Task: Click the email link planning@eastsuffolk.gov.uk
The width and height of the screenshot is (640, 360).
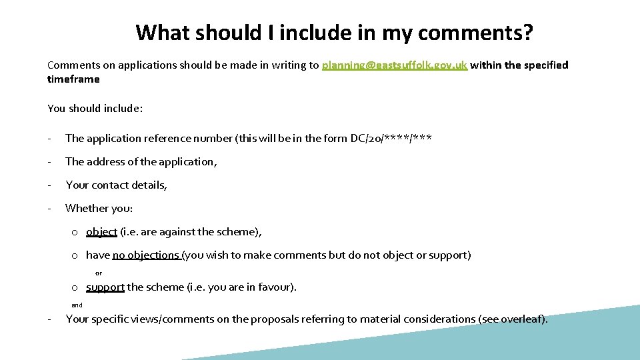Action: (395, 65)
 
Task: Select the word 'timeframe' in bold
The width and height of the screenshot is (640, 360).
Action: (73, 79)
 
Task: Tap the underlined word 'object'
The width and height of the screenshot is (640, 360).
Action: (101, 232)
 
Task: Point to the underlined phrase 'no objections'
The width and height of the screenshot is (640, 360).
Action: (145, 255)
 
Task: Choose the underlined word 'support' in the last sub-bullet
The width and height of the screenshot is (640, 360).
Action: (105, 287)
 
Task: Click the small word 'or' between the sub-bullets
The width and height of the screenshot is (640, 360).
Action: (99, 273)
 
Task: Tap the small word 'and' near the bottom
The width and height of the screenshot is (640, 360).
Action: (77, 305)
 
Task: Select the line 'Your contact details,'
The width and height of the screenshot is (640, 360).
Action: (116, 185)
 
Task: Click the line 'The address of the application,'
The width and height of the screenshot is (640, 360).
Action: (141, 162)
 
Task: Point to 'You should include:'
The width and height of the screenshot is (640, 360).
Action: (95, 109)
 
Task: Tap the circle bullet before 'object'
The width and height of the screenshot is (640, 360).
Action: (77, 233)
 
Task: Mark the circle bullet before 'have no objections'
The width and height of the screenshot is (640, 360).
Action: (77, 256)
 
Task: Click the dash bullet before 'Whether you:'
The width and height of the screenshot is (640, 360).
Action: (50, 209)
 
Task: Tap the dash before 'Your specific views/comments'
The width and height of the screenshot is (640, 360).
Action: (50, 319)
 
